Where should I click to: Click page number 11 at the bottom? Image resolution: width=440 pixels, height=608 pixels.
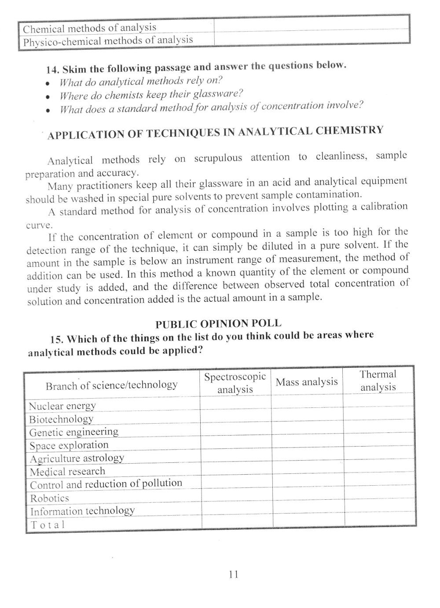point(233,574)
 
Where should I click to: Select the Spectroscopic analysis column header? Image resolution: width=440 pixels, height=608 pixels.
point(235,383)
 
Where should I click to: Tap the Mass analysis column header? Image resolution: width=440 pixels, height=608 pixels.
point(307,382)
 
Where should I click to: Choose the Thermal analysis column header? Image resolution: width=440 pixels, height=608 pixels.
point(378,381)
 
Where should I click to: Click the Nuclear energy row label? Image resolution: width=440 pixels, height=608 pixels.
point(62,406)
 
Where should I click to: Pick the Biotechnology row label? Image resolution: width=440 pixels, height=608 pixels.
point(61,419)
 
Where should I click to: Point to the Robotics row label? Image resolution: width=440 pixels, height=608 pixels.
point(49,498)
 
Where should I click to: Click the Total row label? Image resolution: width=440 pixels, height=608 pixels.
point(47,524)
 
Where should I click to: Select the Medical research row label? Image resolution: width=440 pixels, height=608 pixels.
point(67,472)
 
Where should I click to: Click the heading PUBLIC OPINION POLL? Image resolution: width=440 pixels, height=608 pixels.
point(218,324)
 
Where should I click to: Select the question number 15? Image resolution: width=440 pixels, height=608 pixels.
point(57,339)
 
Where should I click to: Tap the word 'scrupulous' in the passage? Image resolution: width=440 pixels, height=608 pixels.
point(218,158)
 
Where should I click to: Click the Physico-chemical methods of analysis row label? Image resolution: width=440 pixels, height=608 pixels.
point(108,41)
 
